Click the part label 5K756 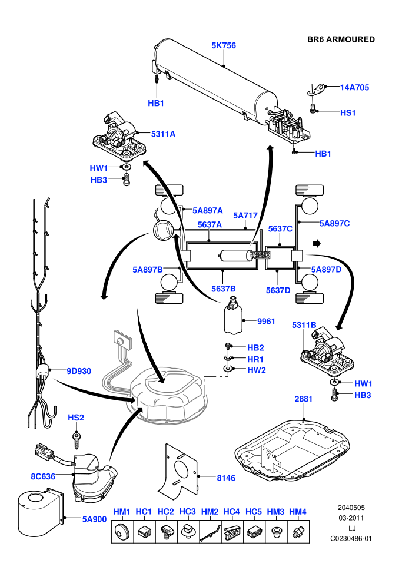(224, 45)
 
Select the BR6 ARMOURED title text (341, 39)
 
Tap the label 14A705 (354, 87)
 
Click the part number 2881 (304, 399)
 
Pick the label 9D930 (79, 371)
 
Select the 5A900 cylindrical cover (40, 514)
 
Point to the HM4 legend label (298, 512)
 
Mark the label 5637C (280, 229)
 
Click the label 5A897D (326, 270)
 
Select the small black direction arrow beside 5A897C (317, 244)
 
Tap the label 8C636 (43, 476)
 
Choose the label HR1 (255, 359)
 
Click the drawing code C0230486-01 (351, 538)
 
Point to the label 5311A (163, 134)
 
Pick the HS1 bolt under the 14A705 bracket (313, 109)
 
